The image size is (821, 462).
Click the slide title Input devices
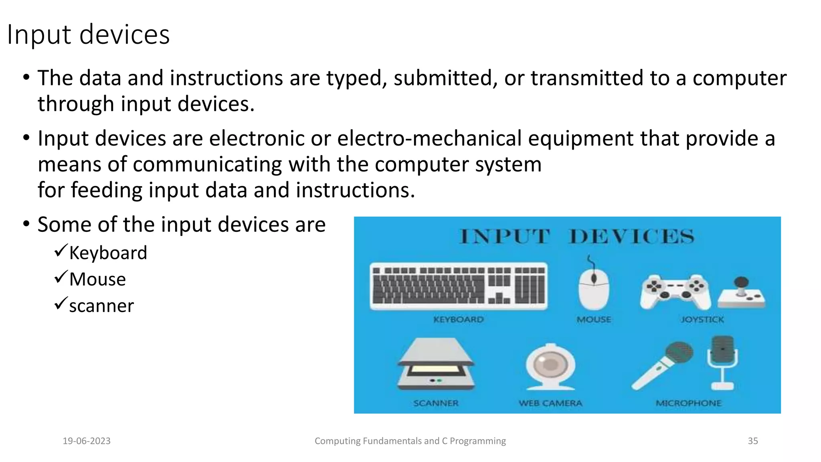[88, 34]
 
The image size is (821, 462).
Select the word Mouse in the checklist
[97, 279]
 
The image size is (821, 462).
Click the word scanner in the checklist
[101, 306]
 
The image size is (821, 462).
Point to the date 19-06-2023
[87, 441]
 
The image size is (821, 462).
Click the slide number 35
[752, 441]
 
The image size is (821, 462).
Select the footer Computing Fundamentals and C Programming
[410, 441]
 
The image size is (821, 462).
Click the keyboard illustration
[458, 286]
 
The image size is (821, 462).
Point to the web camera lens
[550, 364]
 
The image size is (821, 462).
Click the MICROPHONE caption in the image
[688, 403]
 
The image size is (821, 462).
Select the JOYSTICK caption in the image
[702, 320]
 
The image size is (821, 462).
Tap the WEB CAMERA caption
[550, 403]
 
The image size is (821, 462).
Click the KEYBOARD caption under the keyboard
[458, 320]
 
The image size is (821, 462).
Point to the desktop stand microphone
[722, 361]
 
